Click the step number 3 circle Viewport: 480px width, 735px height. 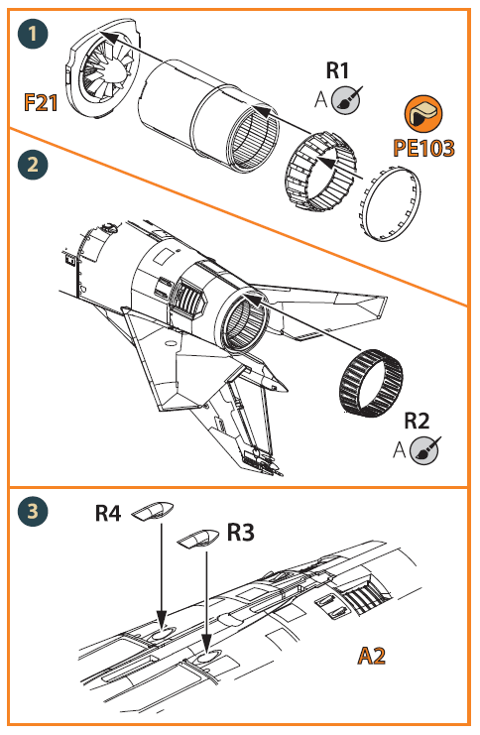point(34,512)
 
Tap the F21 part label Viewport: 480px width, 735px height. point(43,103)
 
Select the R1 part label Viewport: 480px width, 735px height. point(338,70)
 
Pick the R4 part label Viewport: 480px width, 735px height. point(108,513)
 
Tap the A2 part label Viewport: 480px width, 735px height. point(376,656)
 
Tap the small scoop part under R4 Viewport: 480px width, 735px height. point(154,513)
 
